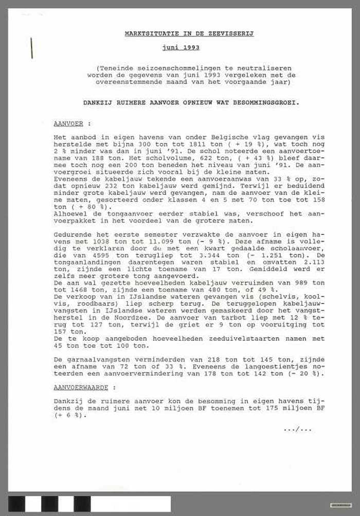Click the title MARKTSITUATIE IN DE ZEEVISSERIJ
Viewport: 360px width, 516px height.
point(189,33)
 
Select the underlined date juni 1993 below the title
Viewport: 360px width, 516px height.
point(180,47)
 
